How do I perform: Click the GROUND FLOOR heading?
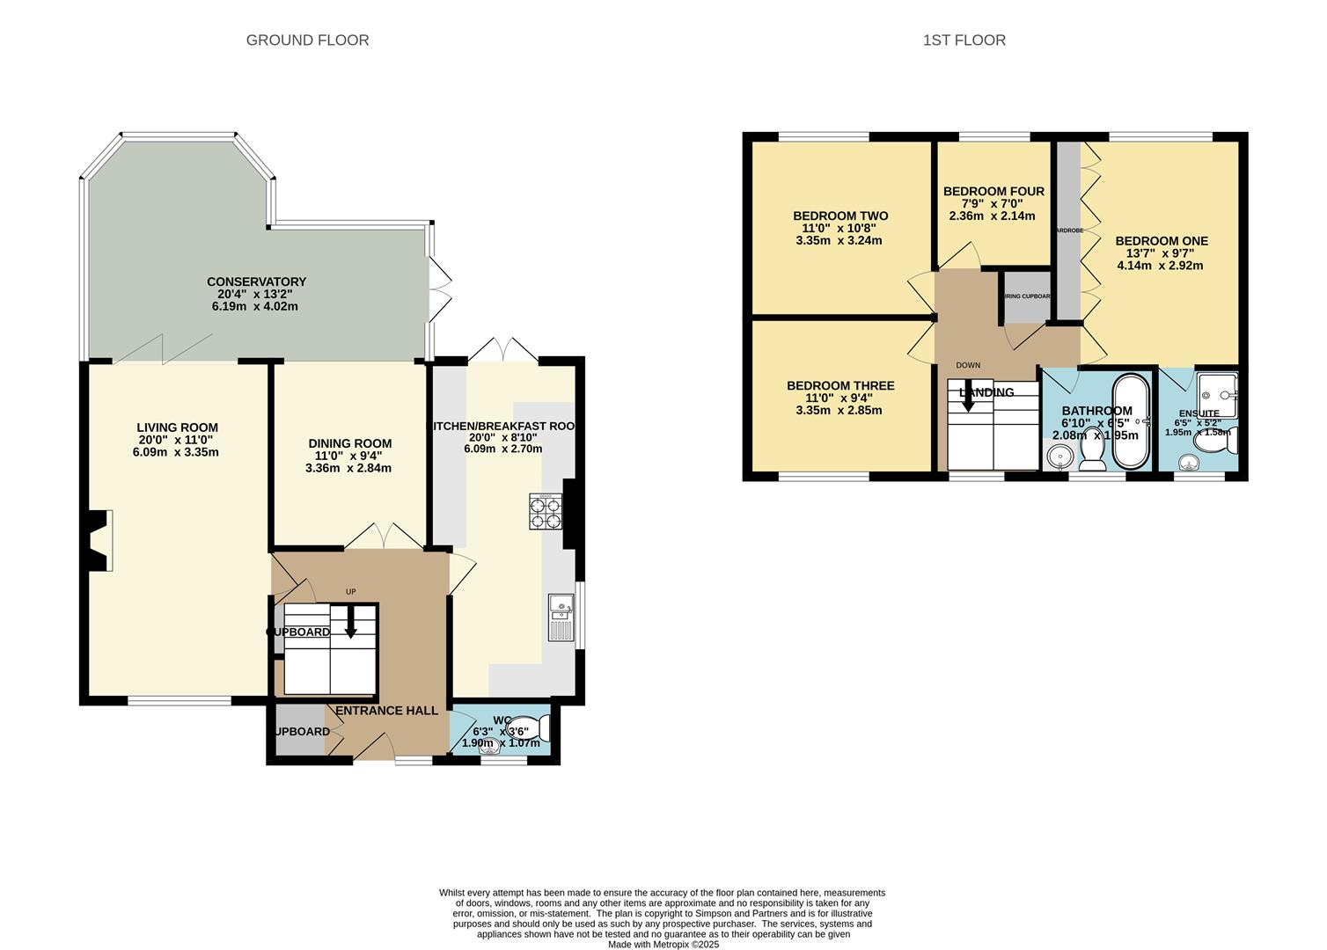[307, 40]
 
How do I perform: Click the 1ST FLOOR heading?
[964, 40]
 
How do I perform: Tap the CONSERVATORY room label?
[256, 281]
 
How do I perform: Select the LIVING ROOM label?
[177, 427]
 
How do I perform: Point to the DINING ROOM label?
[349, 443]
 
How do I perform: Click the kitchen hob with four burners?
[546, 512]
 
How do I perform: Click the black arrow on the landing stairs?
[968, 399]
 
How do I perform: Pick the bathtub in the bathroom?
[1132, 422]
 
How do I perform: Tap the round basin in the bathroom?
[1059, 456]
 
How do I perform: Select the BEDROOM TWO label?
[840, 216]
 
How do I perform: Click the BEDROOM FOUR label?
[993, 191]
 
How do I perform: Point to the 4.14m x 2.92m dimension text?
[1160, 265]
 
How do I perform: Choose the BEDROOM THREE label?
[840, 385]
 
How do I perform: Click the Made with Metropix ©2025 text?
[663, 945]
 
